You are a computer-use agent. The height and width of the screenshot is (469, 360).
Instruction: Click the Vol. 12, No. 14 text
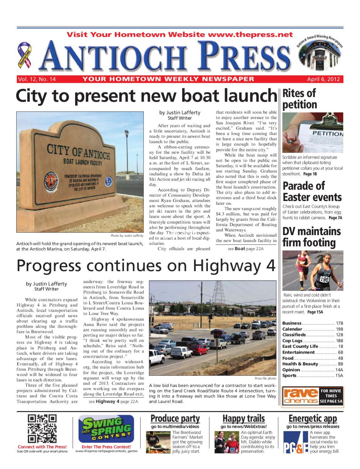pyautogui.click(x=37, y=79)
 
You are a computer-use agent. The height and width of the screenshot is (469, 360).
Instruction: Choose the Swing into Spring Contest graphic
pyautogui.click(x=106, y=429)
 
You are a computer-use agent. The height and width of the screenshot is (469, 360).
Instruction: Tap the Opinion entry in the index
pyautogui.click(x=291, y=370)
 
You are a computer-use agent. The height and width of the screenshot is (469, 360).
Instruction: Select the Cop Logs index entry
pyautogui.click(x=292, y=341)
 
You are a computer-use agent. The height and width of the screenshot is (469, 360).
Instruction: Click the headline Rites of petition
pyautogui.click(x=300, y=99)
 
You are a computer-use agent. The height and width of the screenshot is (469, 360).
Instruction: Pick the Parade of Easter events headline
pyautogui.click(x=312, y=191)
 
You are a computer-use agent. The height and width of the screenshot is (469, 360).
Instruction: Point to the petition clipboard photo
pyautogui.click(x=312, y=133)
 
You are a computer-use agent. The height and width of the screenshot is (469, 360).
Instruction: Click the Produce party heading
pyautogui.click(x=175, y=418)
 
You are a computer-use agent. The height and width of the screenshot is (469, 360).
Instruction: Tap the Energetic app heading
pyautogui.click(x=312, y=418)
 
